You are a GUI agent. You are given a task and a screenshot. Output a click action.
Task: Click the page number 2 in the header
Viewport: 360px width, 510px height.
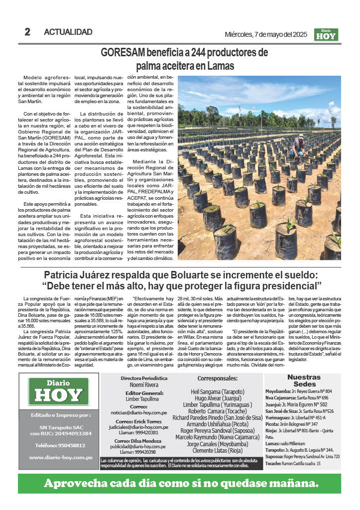coord(28,32)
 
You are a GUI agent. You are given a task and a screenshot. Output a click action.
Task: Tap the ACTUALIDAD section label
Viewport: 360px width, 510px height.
coord(68,32)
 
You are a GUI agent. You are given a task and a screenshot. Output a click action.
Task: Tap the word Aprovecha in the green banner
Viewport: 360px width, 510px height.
coord(80,483)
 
